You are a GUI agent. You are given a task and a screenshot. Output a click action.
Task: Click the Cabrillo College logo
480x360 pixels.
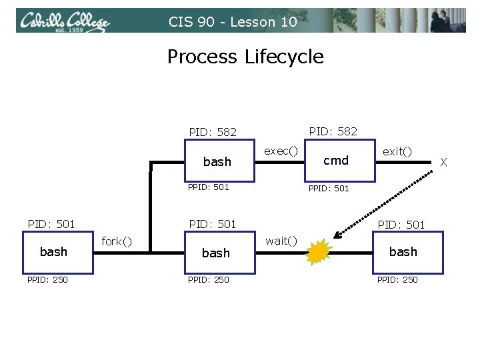pos(64,21)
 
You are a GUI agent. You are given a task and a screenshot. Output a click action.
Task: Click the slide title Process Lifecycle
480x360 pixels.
pos(245,57)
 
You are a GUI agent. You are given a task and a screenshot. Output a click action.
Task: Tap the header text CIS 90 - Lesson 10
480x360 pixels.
pos(232,22)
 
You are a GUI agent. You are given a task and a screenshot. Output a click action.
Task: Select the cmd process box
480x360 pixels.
pos(335,161)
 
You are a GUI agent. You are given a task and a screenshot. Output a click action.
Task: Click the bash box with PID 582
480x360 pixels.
pos(217,161)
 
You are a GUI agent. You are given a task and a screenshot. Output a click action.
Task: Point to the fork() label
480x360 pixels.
pos(116,241)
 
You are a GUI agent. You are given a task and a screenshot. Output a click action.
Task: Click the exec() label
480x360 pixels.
pos(281,151)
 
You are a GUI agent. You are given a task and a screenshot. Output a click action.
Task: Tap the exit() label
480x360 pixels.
pos(397,151)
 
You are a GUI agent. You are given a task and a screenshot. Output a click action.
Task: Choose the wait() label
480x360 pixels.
pos(281,241)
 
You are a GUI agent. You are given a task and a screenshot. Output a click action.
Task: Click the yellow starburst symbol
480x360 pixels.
pos(319,252)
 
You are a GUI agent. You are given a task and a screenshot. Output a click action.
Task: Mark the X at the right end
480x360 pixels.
pos(444,162)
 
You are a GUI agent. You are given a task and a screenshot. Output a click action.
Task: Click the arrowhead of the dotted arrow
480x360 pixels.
pos(338,235)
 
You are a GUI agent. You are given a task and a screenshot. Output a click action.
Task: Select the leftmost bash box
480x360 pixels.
pos(53,252)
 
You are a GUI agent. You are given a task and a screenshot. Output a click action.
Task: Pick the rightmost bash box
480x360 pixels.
pos(403,252)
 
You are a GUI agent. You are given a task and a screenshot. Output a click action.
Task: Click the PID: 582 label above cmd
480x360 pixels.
pos(333,131)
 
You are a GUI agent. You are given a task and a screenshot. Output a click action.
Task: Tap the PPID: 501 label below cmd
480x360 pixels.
pos(328,189)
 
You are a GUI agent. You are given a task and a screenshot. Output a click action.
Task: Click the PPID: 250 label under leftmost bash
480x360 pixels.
pos(47,279)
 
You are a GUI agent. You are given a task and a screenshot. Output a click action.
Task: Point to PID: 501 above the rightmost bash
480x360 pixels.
pos(401,225)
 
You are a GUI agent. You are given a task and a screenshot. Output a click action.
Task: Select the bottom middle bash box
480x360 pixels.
pos(216,253)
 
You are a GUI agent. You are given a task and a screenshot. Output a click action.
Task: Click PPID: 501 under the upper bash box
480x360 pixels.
pos(208,187)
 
